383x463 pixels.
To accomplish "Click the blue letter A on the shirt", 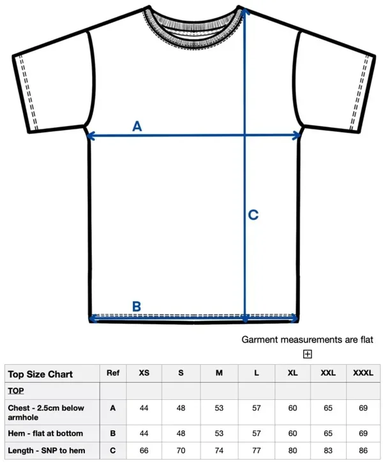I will pyautogui.click(x=137, y=126).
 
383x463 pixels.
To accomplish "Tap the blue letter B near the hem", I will pyautogui.click(x=136, y=306).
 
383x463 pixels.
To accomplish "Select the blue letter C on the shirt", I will pyautogui.click(x=253, y=215).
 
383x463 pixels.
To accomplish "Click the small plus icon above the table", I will pyautogui.click(x=307, y=354).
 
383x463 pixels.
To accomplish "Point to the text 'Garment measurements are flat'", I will pyautogui.click(x=307, y=340).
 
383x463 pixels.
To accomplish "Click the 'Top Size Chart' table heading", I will pyautogui.click(x=40, y=374).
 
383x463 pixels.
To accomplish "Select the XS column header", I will pyautogui.click(x=144, y=373).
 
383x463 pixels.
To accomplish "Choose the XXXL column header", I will pyautogui.click(x=363, y=373).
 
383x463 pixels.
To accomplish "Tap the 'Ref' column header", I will pyautogui.click(x=113, y=373).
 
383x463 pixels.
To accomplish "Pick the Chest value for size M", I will pyautogui.click(x=219, y=408).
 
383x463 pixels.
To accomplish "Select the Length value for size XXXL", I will pyautogui.click(x=363, y=450).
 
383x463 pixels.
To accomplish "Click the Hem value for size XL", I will pyautogui.click(x=292, y=434).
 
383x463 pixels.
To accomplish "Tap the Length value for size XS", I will pyautogui.click(x=144, y=450).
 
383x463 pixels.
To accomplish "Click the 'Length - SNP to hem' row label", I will pyautogui.click(x=46, y=450).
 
